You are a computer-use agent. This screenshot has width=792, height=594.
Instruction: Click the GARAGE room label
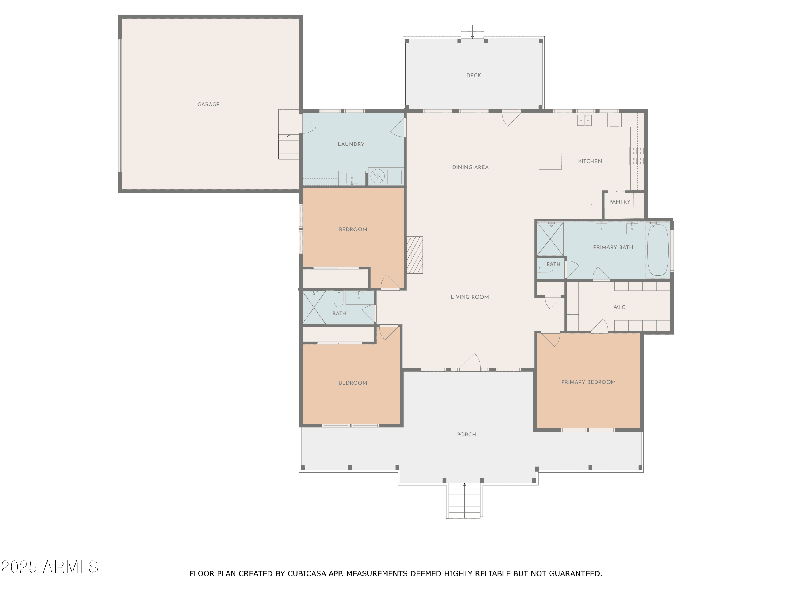tap(208, 105)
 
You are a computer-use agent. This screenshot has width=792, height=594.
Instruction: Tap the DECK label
tap(473, 76)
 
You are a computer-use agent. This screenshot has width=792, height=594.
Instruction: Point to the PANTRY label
tap(620, 202)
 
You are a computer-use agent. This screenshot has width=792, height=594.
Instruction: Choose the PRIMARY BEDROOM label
tap(588, 382)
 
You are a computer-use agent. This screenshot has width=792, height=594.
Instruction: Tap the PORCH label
tap(466, 435)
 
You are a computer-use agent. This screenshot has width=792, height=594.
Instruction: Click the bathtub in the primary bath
tap(658, 250)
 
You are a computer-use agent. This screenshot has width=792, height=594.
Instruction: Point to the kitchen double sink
tap(584, 120)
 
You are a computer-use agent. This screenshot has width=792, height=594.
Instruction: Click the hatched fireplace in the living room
tap(415, 255)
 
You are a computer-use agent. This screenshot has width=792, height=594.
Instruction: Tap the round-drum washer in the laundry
tap(377, 176)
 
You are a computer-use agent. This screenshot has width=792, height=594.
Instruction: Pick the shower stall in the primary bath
tap(550, 239)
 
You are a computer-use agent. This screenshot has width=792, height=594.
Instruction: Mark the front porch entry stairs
tap(464, 501)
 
